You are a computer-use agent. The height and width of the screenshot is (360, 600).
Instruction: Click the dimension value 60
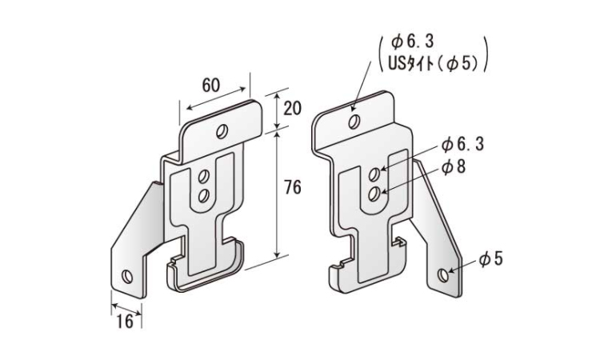pos(211,85)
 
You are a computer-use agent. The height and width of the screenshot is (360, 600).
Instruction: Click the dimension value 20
pos(292,109)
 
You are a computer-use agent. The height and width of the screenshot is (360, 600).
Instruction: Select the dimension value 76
pos(293,187)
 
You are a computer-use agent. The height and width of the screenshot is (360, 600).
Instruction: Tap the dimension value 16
pos(125,321)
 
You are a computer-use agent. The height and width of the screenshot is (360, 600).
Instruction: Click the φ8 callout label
pos(454,167)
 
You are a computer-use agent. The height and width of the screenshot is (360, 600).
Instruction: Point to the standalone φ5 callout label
pos(490,259)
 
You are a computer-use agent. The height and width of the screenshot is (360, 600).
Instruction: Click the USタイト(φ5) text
pos(433,63)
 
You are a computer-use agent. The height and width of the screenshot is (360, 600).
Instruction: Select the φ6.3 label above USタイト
pos(413,42)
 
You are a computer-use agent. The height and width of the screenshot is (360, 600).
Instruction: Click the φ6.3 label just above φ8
pos(462,144)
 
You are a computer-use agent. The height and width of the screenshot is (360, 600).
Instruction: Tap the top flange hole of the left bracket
pos(222,132)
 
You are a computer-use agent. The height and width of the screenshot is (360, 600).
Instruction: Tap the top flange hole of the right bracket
pos(354,122)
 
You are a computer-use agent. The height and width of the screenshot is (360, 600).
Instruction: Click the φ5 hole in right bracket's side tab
pos(443,275)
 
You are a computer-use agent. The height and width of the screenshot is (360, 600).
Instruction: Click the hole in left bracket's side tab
pos(127,276)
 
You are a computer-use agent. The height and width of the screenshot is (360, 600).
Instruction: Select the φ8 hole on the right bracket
pos(374,194)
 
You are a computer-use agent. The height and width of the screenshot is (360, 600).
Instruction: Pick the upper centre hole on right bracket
pos(374,174)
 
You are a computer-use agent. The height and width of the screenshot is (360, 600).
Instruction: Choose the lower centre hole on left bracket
pos(203,195)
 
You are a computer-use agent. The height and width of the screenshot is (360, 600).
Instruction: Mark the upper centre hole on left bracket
pos(203,176)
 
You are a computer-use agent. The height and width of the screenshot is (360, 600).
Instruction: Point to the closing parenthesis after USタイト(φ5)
pos(486,54)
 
